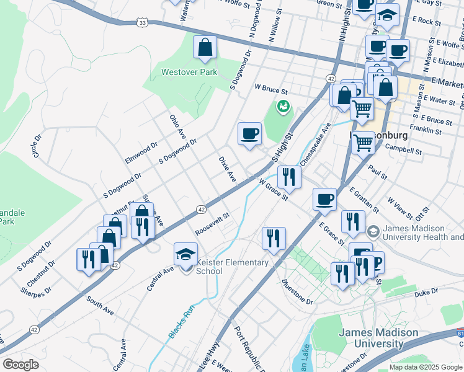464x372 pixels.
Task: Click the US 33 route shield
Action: coord(143,23)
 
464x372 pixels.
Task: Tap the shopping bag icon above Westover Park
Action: coord(205,48)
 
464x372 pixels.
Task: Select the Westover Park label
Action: coord(189,72)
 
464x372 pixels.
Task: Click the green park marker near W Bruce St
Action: coord(283,107)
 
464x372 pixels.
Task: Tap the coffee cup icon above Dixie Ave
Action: coord(249,134)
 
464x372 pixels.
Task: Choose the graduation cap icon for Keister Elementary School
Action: coord(185,254)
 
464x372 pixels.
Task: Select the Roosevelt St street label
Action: coord(213,224)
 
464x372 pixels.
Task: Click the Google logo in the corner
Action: coord(21,365)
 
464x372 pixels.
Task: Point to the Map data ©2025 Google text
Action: coord(426,367)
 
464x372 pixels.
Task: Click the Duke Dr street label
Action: coord(426,290)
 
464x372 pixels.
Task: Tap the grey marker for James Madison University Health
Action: coord(373,232)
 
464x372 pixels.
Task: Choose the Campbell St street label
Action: coord(403,150)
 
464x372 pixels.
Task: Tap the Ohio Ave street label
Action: coord(178,126)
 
